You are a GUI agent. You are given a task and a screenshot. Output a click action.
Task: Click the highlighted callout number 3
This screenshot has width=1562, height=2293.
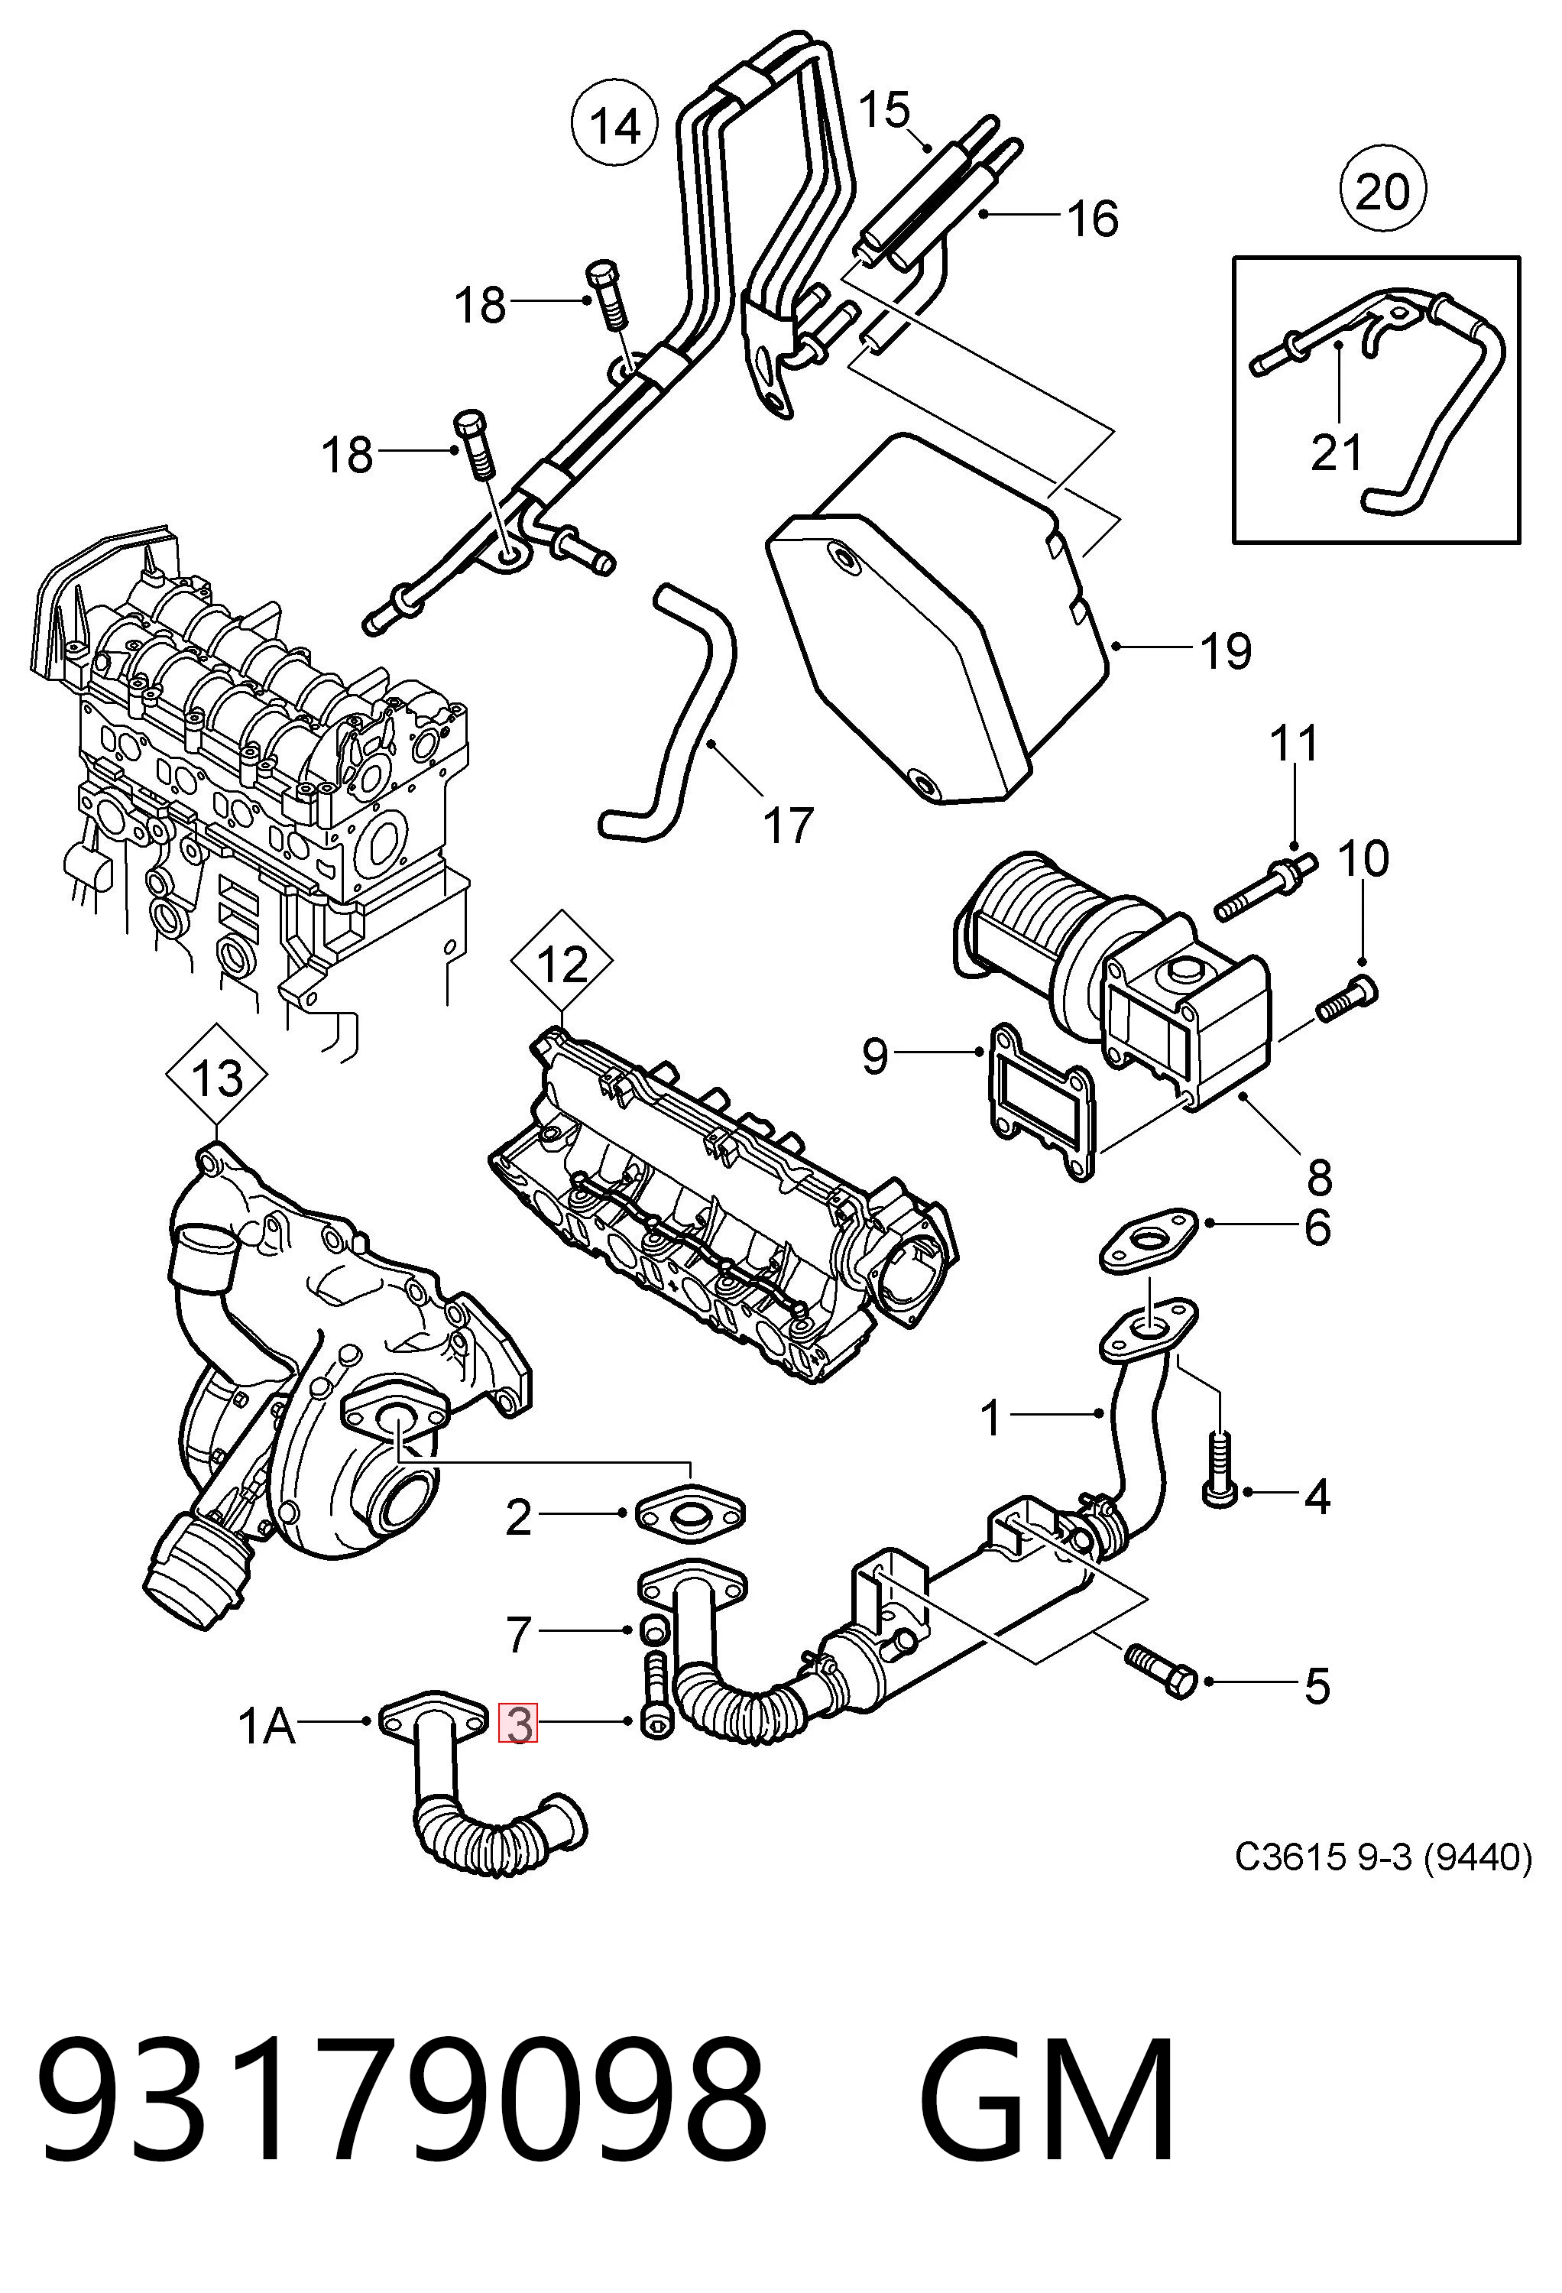(518, 1723)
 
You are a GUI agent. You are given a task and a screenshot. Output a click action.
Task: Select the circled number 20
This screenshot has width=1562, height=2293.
(1382, 190)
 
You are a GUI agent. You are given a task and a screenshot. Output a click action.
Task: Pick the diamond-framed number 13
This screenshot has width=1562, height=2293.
(217, 1078)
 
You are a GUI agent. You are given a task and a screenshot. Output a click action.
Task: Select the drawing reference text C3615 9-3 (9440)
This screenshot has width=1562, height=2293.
(1382, 1858)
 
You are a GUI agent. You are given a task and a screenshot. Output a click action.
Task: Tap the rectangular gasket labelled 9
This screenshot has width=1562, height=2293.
(1039, 1102)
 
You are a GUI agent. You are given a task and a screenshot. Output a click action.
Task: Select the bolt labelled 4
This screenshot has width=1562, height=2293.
(1220, 1469)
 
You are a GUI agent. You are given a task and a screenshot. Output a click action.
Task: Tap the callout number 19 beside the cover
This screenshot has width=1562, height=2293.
(1226, 651)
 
